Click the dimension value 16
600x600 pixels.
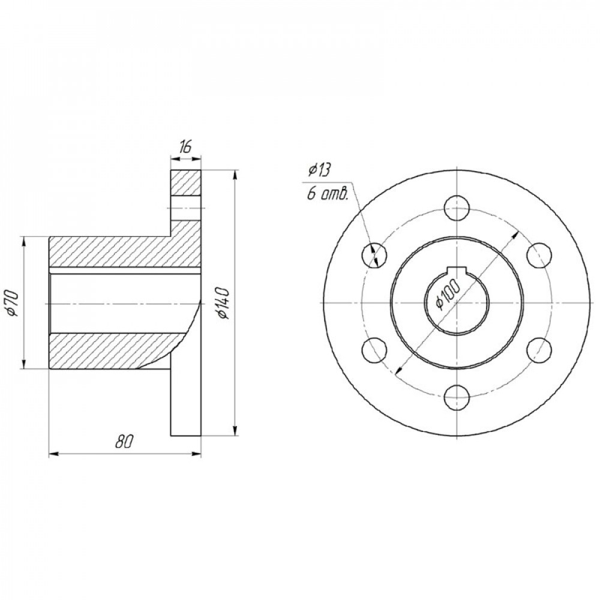point(185,147)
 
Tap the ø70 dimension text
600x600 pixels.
point(13,303)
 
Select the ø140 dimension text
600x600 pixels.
point(223,303)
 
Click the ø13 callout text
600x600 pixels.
point(319,170)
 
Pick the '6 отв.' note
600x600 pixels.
point(327,194)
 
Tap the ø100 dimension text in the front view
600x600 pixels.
point(448,294)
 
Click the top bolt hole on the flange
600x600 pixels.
point(457,209)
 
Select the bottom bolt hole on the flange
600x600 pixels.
point(457,397)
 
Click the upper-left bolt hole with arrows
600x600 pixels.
point(374,255)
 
